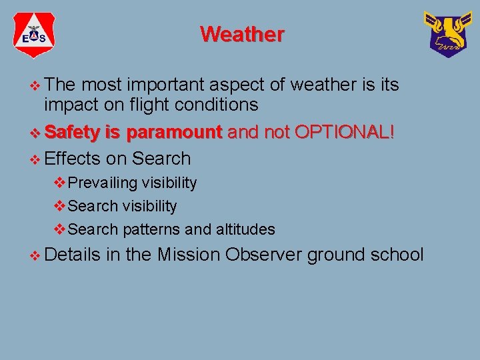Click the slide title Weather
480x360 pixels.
[242, 34]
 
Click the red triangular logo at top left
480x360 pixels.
[34, 35]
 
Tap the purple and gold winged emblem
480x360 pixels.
[446, 34]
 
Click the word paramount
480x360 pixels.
[174, 132]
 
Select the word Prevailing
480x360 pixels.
[103, 183]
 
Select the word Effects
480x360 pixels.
[71, 159]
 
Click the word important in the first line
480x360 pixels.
[166, 85]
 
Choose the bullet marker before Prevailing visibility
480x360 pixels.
[60, 183]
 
